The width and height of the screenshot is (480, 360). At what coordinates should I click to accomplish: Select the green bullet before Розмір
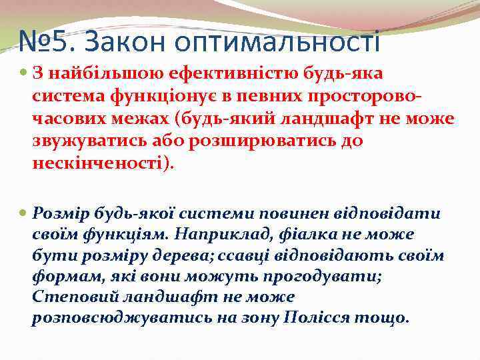24,214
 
